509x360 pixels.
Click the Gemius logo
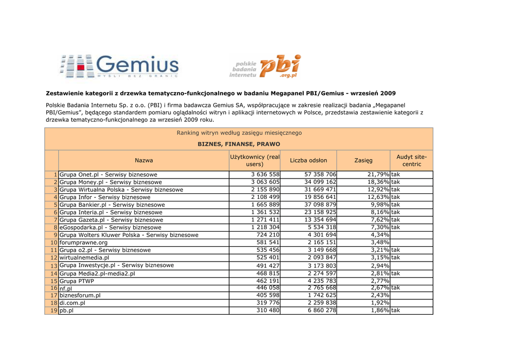119,66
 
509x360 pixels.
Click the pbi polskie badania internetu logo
265,67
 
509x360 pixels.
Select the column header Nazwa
144,160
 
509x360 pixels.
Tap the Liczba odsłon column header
308,160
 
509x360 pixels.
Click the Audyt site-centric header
411,160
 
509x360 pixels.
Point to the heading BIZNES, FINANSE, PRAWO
239,144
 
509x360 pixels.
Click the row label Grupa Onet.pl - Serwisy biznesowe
108,175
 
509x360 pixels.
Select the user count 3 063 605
265,182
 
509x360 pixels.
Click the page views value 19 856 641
320,197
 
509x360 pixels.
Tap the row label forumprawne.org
84,242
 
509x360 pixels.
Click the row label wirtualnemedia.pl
84,258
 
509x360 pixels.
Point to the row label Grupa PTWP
77,281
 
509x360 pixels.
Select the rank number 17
54,295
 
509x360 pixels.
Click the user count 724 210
267,235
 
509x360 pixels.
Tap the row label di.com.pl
72,303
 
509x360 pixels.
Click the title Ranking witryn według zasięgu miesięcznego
239,133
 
